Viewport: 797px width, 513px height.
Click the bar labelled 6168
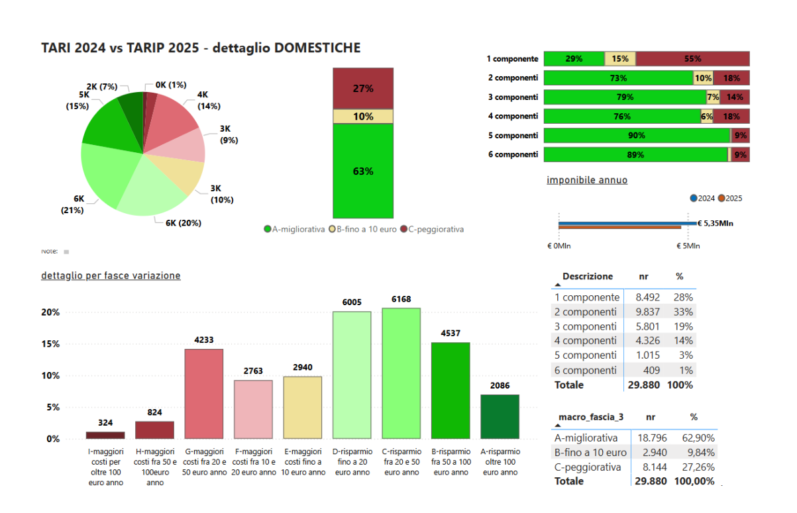(x=401, y=373)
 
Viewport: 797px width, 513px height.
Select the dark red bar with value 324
(x=105, y=435)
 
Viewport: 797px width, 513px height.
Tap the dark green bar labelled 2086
(x=500, y=416)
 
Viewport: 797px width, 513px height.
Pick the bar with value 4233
(x=203, y=394)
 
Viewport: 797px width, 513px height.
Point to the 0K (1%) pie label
(x=170, y=85)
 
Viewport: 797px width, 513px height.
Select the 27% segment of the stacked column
(x=362, y=88)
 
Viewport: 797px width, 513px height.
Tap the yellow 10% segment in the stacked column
(x=362, y=117)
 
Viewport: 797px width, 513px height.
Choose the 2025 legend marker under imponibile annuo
(x=721, y=198)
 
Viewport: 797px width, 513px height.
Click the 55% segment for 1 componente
(x=692, y=59)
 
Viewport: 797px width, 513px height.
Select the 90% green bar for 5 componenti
(x=636, y=136)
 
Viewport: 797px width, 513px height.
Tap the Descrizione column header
(x=588, y=277)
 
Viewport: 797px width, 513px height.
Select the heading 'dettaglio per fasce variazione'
(x=111, y=275)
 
